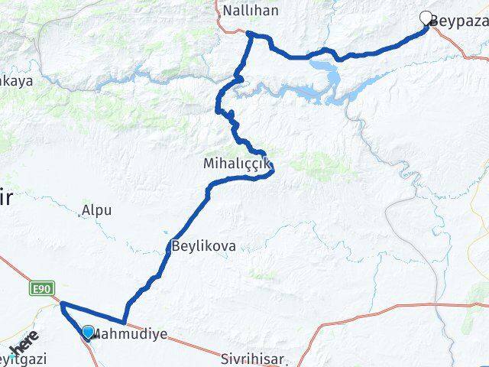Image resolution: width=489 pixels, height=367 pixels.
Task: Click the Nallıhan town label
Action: tap(250, 11)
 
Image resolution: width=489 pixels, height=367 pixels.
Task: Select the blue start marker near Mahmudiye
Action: tap(88, 332)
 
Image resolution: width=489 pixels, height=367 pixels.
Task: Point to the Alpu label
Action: tap(98, 209)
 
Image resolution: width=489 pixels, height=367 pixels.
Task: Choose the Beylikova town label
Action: tap(204, 247)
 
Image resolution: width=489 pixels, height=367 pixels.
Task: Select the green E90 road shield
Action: tap(42, 288)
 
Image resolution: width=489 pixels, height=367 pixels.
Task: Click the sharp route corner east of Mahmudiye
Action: tap(124, 322)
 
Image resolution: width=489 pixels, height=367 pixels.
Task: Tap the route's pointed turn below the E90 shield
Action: tap(61, 304)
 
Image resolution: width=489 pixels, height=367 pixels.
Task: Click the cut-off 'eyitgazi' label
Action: tap(23, 359)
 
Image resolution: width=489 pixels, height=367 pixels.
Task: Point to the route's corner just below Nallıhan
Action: tap(250, 34)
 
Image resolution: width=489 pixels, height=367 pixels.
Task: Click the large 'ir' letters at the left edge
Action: tap(7, 197)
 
